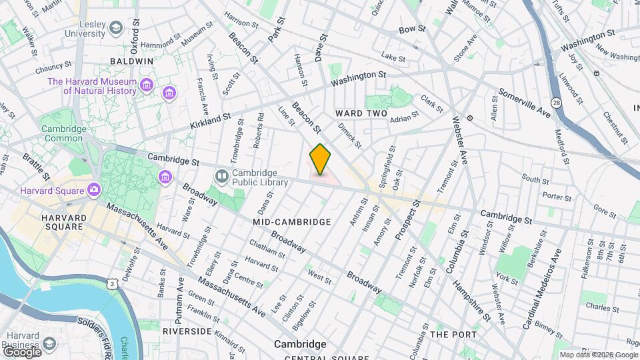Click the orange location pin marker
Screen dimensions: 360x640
(x=320, y=159)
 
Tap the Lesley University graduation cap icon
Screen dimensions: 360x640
(x=117, y=27)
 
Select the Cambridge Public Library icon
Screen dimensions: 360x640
(x=221, y=175)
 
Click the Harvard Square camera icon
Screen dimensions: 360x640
(x=93, y=189)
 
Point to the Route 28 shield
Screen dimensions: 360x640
(x=556, y=102)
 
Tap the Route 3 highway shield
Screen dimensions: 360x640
(x=111, y=285)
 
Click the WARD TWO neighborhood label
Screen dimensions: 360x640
(x=361, y=113)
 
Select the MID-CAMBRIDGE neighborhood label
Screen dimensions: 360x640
(x=292, y=221)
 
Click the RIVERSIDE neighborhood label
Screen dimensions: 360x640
(x=187, y=331)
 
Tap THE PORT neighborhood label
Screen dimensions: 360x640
(x=453, y=334)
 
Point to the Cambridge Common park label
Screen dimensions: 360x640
(x=64, y=133)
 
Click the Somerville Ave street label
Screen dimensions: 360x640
(x=525, y=104)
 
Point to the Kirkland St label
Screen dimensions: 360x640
(x=209, y=120)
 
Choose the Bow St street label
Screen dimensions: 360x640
(x=411, y=30)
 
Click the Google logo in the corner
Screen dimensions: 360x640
(x=22, y=351)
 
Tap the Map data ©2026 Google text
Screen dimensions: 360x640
(x=598, y=355)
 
